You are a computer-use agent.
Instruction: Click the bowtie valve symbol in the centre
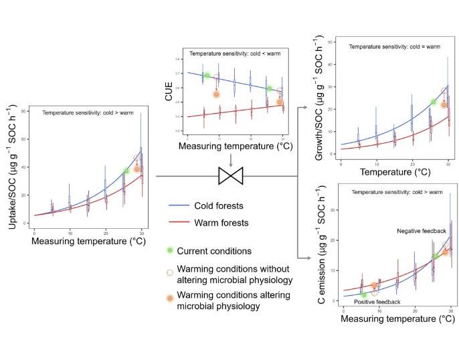tap(230, 177)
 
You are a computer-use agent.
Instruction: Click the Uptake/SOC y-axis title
tap(12, 171)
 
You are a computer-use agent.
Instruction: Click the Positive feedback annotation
tap(377, 302)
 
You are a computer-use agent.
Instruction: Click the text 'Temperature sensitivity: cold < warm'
tap(230, 54)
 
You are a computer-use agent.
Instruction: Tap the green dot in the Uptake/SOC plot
tap(126, 171)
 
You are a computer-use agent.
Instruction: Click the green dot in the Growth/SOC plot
tap(433, 102)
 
